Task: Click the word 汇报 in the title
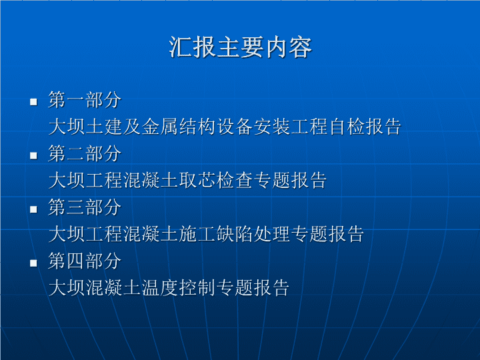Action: tap(192, 47)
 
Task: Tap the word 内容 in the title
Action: tap(289, 47)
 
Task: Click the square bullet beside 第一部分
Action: tap(33, 101)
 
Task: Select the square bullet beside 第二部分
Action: tap(33, 155)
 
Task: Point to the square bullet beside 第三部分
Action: tap(33, 209)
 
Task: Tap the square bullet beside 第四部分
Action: tap(33, 263)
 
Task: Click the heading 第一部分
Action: tap(85, 100)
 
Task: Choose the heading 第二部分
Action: tap(85, 154)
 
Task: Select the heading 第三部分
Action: tap(85, 207)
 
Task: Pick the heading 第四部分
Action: tap(85, 261)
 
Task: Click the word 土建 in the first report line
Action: tap(104, 127)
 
